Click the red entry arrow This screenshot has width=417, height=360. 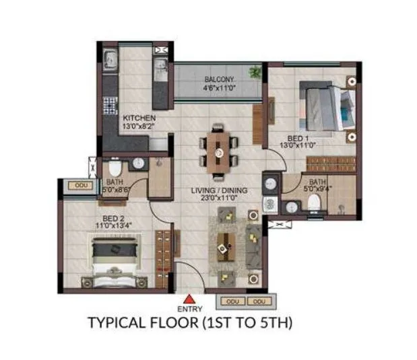tap(191, 299)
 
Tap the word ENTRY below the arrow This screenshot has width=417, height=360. tap(191, 309)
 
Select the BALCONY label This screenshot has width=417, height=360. tap(220, 79)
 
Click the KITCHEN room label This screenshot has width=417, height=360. tap(139, 118)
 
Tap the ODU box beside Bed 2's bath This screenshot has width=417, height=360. tap(82, 185)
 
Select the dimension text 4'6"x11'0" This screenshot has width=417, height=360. tap(220, 88)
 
